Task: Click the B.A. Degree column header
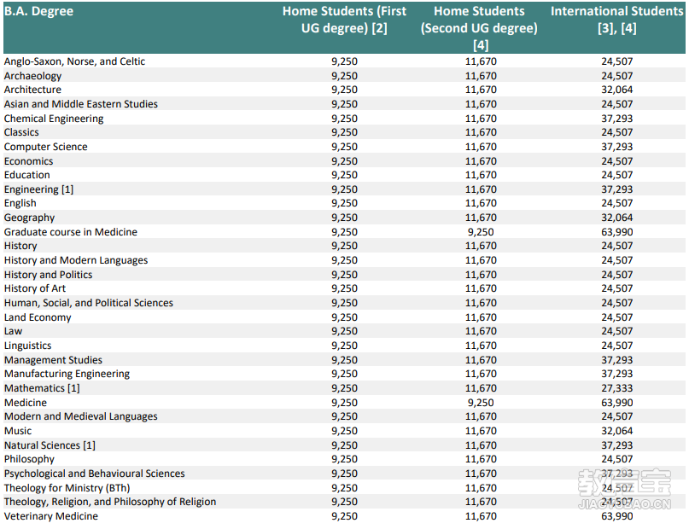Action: [38, 11]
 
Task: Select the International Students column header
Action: [617, 20]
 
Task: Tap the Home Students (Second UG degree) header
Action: [480, 28]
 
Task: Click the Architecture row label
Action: [33, 90]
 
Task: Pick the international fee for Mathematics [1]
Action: [617, 388]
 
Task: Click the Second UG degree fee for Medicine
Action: [481, 403]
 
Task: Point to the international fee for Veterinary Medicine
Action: [617, 516]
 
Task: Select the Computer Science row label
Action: [46, 147]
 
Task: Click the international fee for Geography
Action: [617, 218]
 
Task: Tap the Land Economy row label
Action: [38, 317]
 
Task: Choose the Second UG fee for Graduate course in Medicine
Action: [481, 232]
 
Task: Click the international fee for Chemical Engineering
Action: [617, 119]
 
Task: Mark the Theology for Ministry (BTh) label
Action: [67, 488]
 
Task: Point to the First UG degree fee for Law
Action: [345, 331]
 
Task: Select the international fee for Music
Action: [617, 431]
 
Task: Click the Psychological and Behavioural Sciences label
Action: [95, 474]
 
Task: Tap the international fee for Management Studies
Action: [617, 360]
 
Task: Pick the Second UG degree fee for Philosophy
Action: [481, 459]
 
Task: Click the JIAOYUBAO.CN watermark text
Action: [624, 504]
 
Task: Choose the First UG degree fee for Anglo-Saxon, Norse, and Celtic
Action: [345, 61]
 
